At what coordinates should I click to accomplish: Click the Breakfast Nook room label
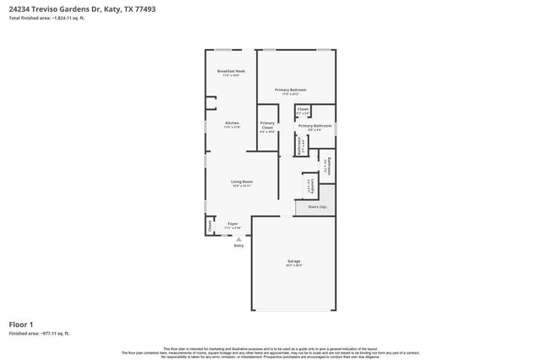click(231, 71)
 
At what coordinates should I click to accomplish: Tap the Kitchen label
click(231, 123)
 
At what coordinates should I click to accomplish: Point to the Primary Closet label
click(267, 127)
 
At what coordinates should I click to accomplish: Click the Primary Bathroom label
click(314, 126)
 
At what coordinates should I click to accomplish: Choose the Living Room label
click(243, 181)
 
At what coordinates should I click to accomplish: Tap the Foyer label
click(232, 224)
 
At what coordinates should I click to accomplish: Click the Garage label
click(293, 261)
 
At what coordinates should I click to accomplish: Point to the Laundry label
click(309, 185)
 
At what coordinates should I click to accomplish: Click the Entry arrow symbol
click(238, 239)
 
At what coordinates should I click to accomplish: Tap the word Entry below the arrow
click(238, 246)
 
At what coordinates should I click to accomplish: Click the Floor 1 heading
click(21, 325)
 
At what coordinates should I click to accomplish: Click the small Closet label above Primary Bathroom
click(303, 109)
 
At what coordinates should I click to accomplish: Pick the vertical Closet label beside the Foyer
click(210, 226)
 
